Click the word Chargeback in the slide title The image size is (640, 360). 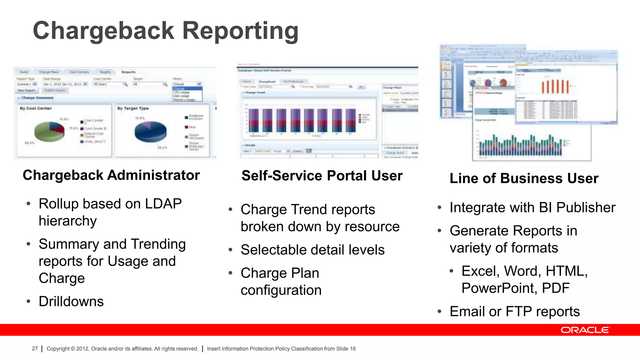tap(103, 31)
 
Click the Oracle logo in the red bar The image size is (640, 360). tap(585, 330)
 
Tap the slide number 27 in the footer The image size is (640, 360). tap(35, 348)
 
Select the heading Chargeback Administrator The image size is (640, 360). tap(111, 175)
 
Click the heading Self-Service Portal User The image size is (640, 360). tap(322, 176)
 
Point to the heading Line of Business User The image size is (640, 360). tap(524, 178)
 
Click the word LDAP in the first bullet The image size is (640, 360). tap(163, 204)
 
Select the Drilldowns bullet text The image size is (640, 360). tap(71, 302)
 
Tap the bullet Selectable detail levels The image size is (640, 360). tap(312, 250)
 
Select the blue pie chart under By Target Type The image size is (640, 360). tap(150, 132)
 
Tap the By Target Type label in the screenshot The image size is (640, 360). tap(133, 108)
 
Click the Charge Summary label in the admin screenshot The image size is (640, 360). tap(37, 98)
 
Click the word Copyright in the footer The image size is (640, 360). tap(58, 348)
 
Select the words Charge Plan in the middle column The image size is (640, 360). tap(280, 273)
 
